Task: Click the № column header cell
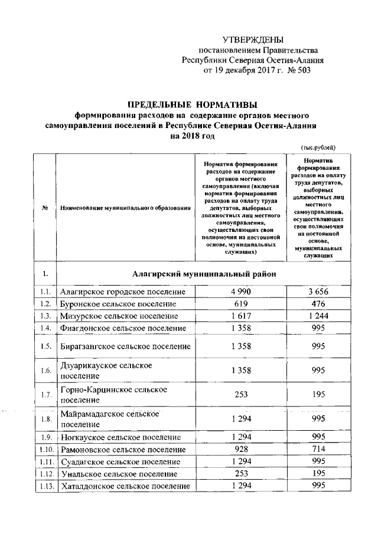pos(45,208)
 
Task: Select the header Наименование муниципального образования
pos(125,208)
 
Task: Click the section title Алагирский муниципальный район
pos(201,274)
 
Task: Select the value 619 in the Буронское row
pos(239,304)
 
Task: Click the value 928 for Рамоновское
pos(239,449)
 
